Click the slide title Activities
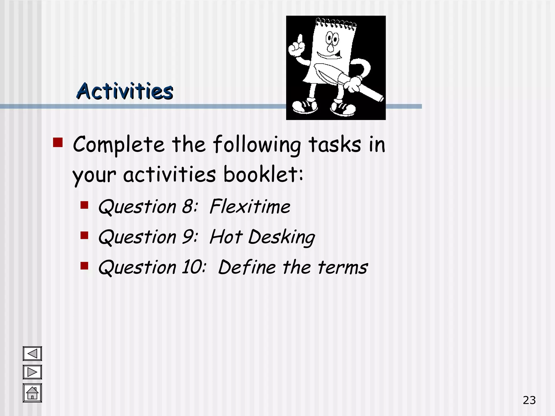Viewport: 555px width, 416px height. tap(125, 91)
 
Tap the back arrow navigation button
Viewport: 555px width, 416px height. tap(32, 354)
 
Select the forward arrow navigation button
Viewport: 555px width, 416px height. tap(32, 372)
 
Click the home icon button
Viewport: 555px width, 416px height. tap(32, 393)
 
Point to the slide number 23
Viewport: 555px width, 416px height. tap(529, 400)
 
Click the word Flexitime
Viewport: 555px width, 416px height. tap(250, 207)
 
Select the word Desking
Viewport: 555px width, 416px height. tap(282, 237)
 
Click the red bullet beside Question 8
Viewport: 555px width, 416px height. tap(85, 205)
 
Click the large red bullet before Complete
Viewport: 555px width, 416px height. tap(58, 142)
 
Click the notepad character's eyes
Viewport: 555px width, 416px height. tap(332, 38)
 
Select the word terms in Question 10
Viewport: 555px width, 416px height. tap(343, 267)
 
